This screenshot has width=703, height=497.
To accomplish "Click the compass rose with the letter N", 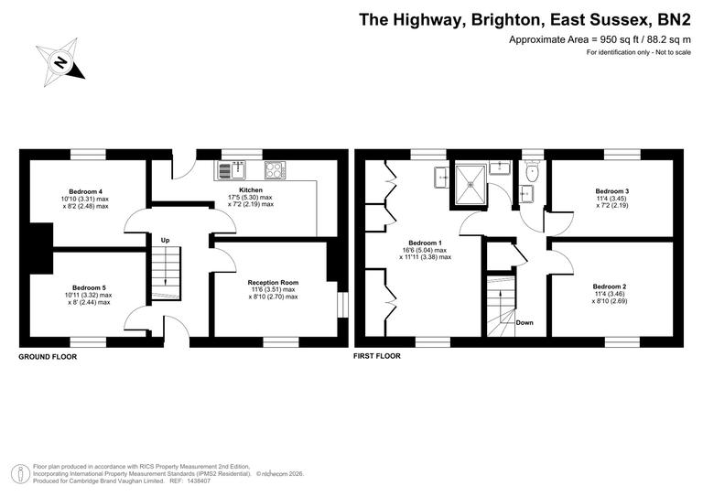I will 60,62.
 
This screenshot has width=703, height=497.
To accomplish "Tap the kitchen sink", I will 232,169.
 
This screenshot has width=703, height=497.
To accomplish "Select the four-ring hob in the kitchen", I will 275,169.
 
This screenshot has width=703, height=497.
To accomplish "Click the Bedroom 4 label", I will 85,190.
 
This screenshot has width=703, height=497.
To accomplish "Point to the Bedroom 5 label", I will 89,286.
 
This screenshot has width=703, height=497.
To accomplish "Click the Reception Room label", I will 273,283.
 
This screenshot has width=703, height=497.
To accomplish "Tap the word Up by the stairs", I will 165,240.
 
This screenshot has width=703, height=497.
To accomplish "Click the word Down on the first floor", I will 525,322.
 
